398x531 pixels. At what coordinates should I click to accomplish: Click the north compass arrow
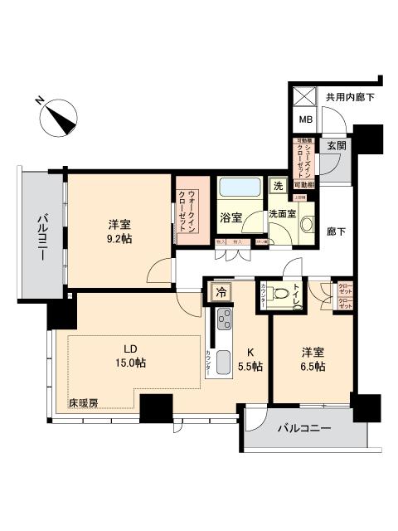pos(60,117)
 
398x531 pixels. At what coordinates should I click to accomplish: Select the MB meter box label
pos(305,119)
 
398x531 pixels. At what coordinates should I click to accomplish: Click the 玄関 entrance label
pos(335,146)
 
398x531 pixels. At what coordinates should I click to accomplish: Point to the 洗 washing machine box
pos(279,186)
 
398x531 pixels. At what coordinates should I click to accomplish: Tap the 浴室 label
pos(231,217)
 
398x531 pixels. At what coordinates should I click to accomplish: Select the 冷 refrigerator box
pos(221,290)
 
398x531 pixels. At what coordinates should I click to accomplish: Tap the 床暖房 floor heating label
pos(83,403)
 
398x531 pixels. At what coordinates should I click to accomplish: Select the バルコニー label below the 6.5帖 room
pos(304,429)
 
